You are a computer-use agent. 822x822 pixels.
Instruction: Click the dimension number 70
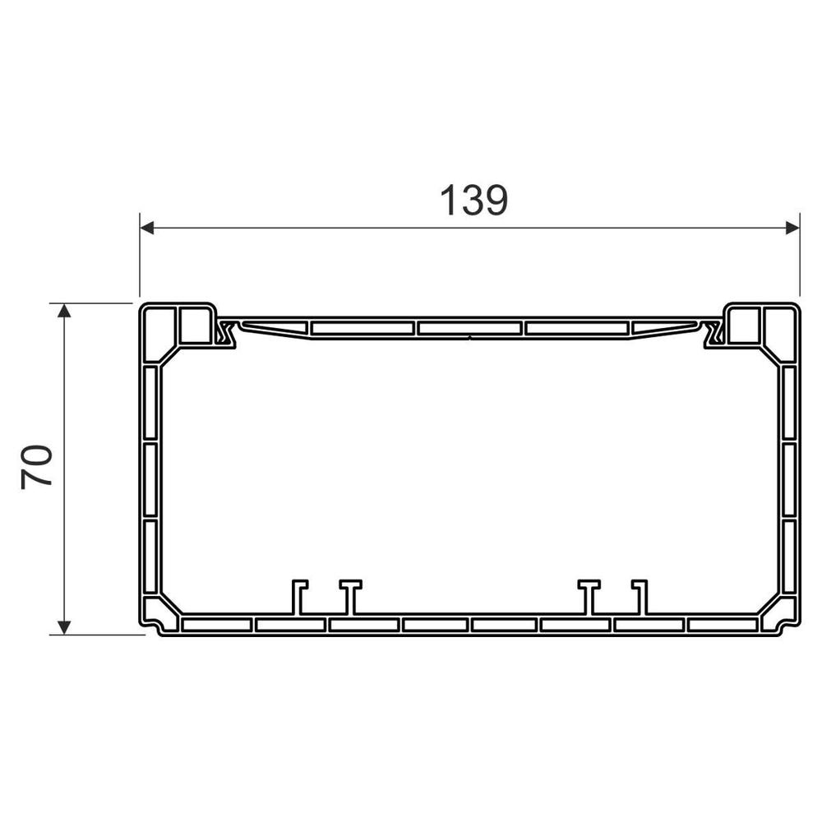click(38, 467)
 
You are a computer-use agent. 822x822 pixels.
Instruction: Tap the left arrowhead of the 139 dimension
click(147, 227)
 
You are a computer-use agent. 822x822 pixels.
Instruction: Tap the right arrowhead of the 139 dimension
click(792, 227)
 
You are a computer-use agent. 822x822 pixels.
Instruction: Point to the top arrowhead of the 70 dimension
click(63, 311)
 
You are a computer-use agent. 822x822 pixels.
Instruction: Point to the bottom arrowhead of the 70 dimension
click(63, 627)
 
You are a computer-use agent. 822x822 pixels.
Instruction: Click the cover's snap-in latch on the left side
click(224, 334)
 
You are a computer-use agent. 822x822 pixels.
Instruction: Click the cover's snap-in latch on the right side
click(713, 334)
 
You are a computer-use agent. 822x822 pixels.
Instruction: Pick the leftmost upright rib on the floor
click(298, 597)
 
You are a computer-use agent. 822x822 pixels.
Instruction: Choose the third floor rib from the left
click(589, 597)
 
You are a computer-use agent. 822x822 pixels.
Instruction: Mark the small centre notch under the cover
click(469, 336)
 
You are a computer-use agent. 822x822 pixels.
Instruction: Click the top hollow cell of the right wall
click(788, 403)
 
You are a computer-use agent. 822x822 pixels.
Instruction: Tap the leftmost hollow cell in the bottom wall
click(216, 625)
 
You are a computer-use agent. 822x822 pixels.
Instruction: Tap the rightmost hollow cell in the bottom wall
click(722, 625)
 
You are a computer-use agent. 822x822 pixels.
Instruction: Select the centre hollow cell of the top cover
click(469, 328)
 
